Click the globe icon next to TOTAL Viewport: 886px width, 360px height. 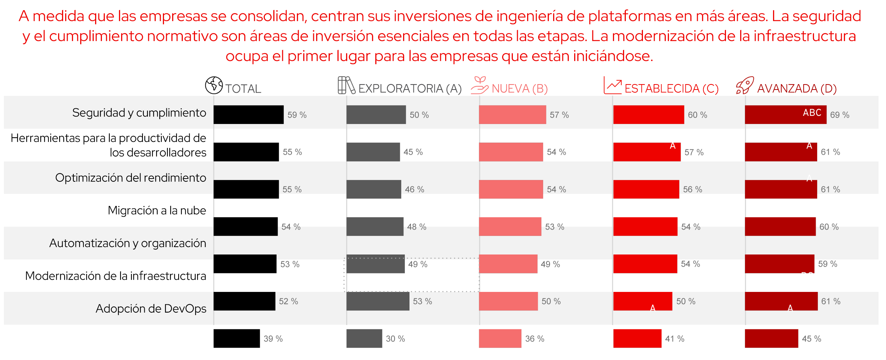point(214,85)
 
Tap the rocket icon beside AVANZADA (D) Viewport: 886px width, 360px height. point(745,86)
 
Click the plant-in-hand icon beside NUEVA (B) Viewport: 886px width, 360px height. point(479,85)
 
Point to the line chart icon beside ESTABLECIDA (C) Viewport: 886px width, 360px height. point(613,86)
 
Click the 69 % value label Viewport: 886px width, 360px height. point(840,115)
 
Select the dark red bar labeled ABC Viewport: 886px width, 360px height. point(785,115)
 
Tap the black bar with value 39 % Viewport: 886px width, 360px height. point(237,338)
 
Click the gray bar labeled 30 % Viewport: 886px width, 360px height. point(364,338)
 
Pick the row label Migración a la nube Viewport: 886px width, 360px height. point(157,210)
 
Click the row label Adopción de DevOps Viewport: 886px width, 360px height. point(151,308)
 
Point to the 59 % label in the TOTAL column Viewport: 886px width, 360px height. point(297,115)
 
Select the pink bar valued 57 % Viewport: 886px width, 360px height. point(512,115)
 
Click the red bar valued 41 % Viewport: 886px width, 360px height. point(637,338)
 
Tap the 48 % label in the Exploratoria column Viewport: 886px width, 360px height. point(417,227)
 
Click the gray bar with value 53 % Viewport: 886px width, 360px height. point(378,301)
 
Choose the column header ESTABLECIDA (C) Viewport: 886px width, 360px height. point(671,88)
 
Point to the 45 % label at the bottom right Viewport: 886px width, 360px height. point(812,339)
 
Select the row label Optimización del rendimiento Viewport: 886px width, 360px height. point(130,178)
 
